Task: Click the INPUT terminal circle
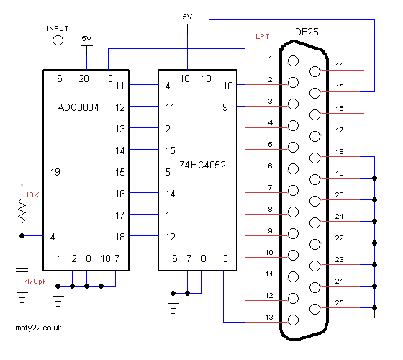point(58,40)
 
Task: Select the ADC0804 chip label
point(78,107)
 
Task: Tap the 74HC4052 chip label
point(202,165)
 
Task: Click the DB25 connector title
point(307,32)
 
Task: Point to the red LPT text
point(263,37)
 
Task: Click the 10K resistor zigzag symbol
point(22,210)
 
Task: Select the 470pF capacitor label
point(35,282)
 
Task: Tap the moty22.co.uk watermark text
point(38,328)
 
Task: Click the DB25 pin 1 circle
point(293,61)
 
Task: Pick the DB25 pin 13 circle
point(293,320)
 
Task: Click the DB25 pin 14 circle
point(315,71)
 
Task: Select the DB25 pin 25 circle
point(315,309)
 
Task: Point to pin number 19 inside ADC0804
point(55,172)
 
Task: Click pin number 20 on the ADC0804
point(83,78)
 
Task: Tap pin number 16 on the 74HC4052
point(184,78)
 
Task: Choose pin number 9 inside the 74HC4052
point(225,107)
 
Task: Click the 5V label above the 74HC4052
point(187,17)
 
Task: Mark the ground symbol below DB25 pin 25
point(374,323)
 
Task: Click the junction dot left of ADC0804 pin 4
point(22,236)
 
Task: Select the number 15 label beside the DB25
point(340,87)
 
